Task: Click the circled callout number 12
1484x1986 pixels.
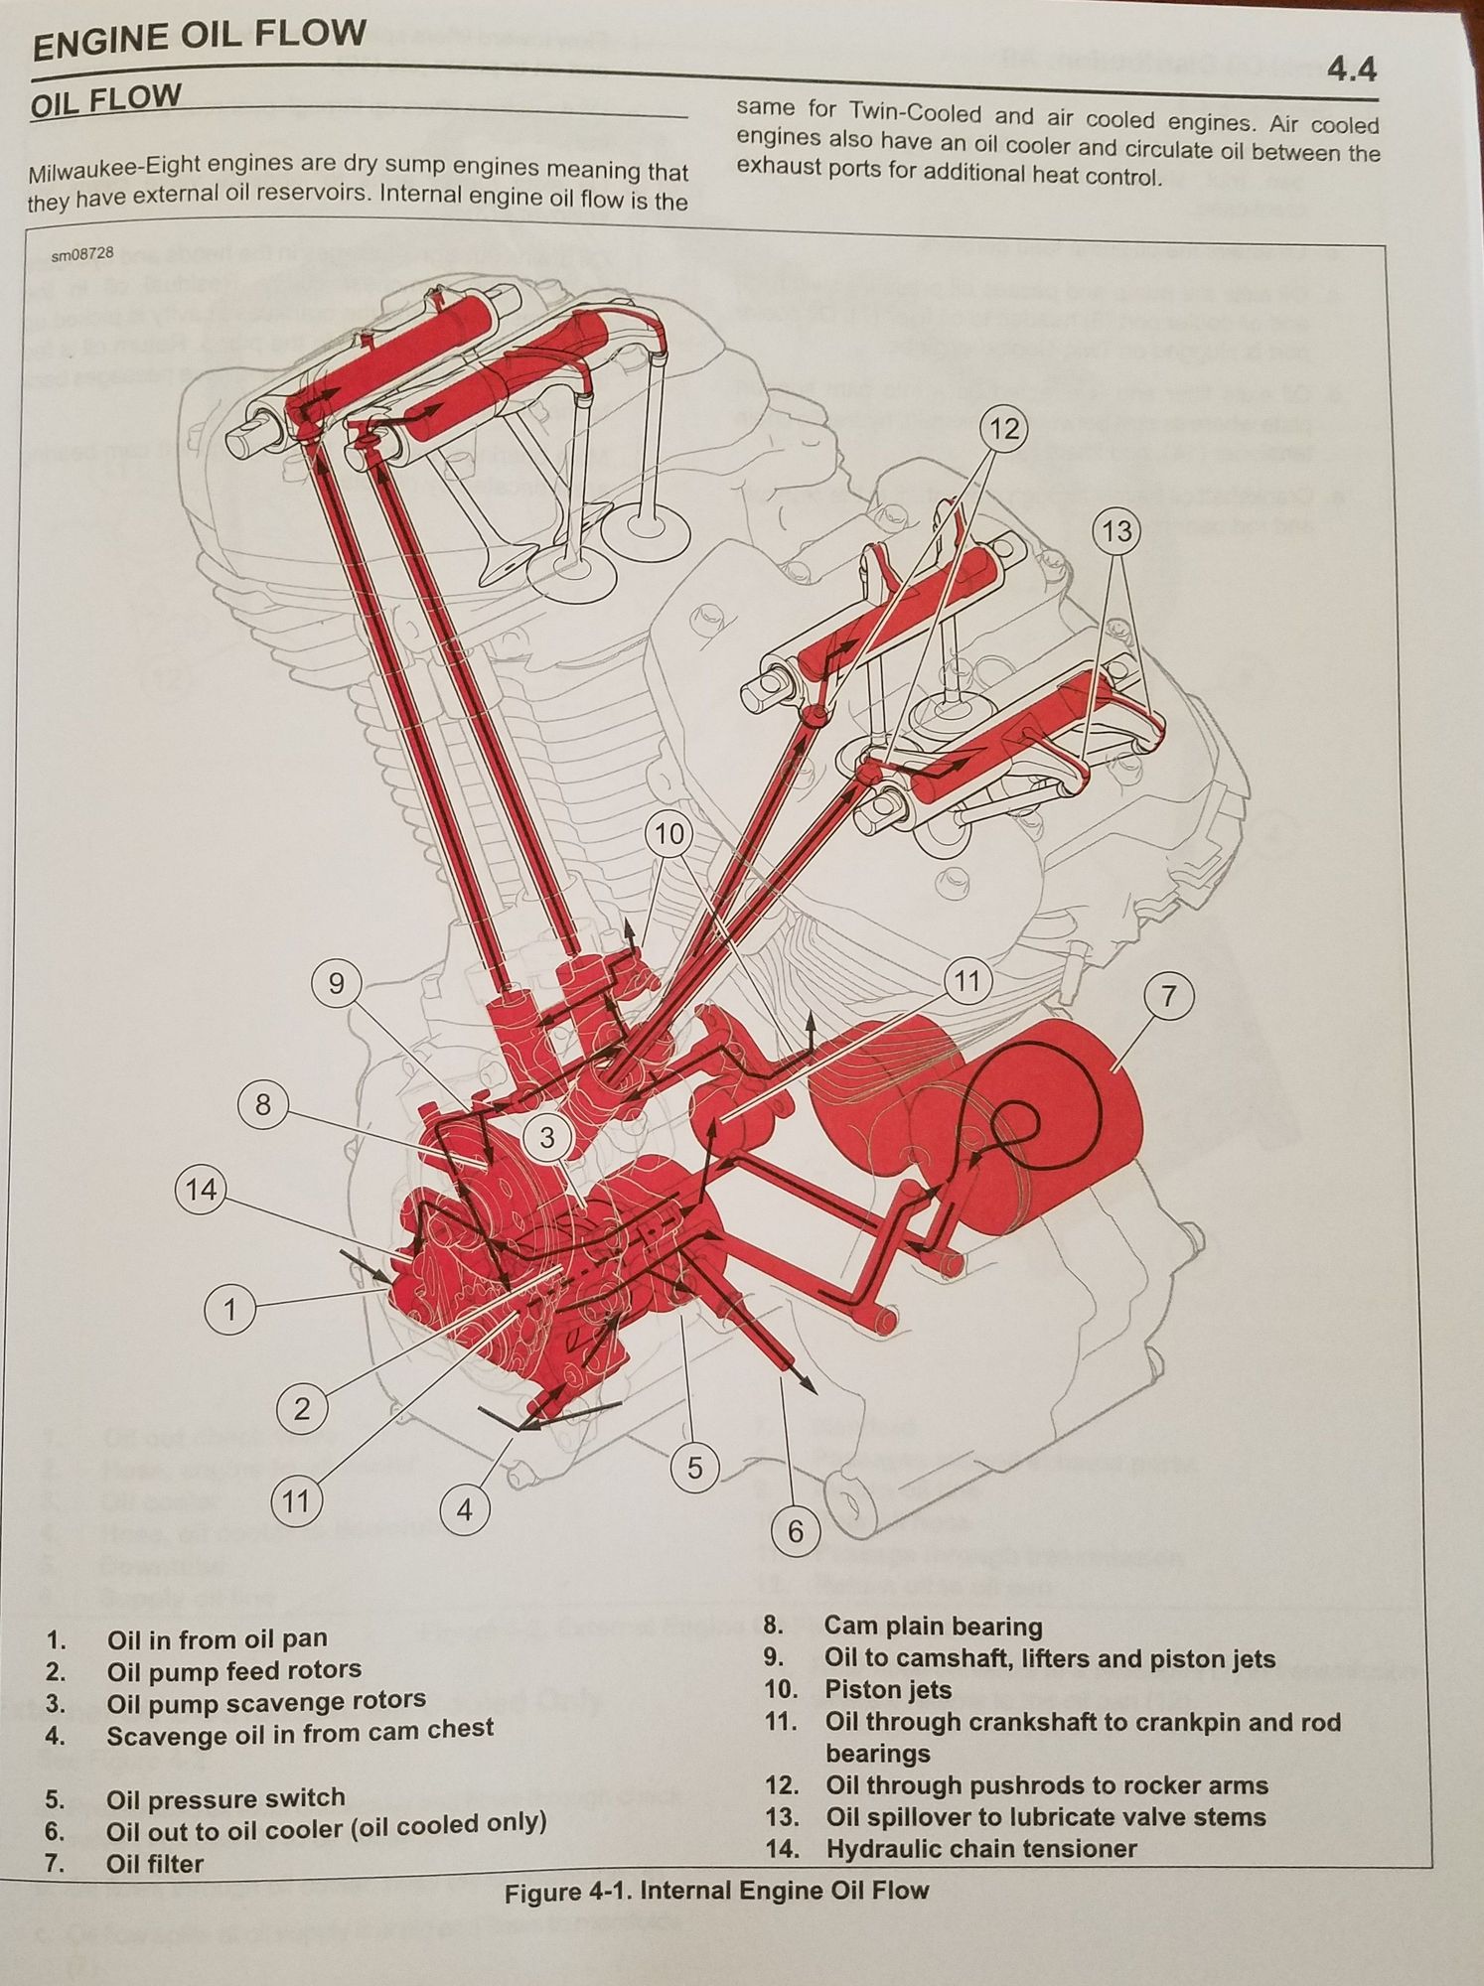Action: pos(1004,429)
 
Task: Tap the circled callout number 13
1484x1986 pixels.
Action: pos(1116,531)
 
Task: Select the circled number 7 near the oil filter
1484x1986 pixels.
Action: pos(1169,996)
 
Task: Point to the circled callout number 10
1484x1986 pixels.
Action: pos(669,833)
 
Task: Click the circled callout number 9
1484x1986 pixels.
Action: pos(336,983)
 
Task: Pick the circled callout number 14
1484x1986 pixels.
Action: pos(202,1189)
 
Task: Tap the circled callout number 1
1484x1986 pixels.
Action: pos(229,1310)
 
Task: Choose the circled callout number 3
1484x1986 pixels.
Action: pos(547,1137)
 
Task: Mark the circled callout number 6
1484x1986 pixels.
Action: pos(795,1531)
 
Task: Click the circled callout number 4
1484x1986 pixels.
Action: pos(465,1510)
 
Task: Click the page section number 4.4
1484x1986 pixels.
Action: pos(1352,70)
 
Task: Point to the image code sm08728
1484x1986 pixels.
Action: pos(82,254)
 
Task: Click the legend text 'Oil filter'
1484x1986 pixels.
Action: pos(154,1863)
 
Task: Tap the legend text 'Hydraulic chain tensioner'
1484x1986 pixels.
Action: pos(980,1848)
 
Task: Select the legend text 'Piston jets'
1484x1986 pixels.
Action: pos(887,1689)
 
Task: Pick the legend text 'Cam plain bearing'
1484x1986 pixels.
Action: pos(933,1626)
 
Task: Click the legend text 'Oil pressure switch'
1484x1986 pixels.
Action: pos(225,1798)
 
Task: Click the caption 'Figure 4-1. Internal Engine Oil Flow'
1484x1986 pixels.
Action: pos(716,1891)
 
